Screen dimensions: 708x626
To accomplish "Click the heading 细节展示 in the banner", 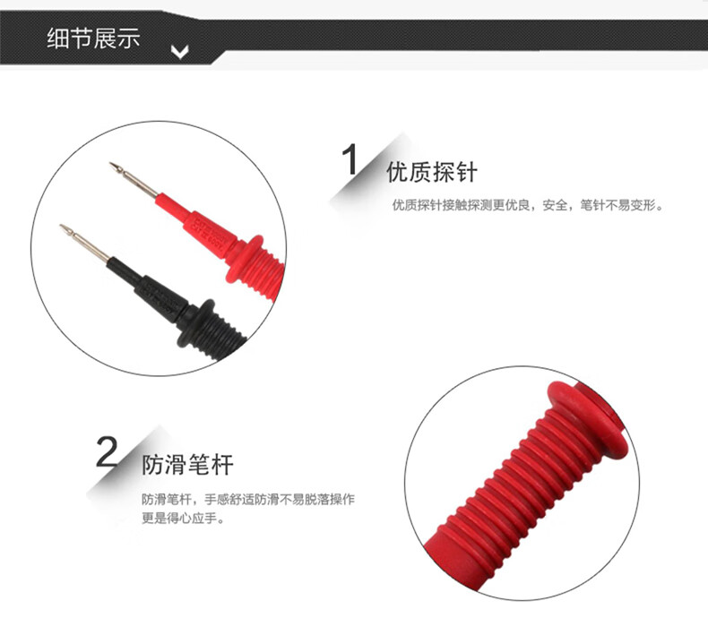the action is [93, 38].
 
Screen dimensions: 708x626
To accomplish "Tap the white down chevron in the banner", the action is [180, 52].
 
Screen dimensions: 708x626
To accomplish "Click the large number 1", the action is [350, 159].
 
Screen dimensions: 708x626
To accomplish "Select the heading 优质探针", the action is [432, 172].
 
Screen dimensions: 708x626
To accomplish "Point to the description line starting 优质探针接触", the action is [528, 205].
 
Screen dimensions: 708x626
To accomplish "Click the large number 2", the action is [107, 451].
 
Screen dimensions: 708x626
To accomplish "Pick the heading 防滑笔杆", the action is [187, 465].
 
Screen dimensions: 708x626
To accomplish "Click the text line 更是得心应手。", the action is [183, 519].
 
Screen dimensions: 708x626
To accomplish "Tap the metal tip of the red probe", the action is [134, 180].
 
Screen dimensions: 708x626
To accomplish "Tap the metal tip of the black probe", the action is [84, 243].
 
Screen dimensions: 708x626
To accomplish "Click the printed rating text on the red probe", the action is [211, 232].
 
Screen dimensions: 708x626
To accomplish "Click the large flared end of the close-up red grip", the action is [587, 420].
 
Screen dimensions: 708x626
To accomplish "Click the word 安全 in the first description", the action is [555, 205].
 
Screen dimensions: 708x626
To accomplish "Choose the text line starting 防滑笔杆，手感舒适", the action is [248, 499].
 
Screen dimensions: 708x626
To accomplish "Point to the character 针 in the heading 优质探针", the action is [466, 172].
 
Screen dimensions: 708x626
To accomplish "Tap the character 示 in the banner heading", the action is [129, 38].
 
